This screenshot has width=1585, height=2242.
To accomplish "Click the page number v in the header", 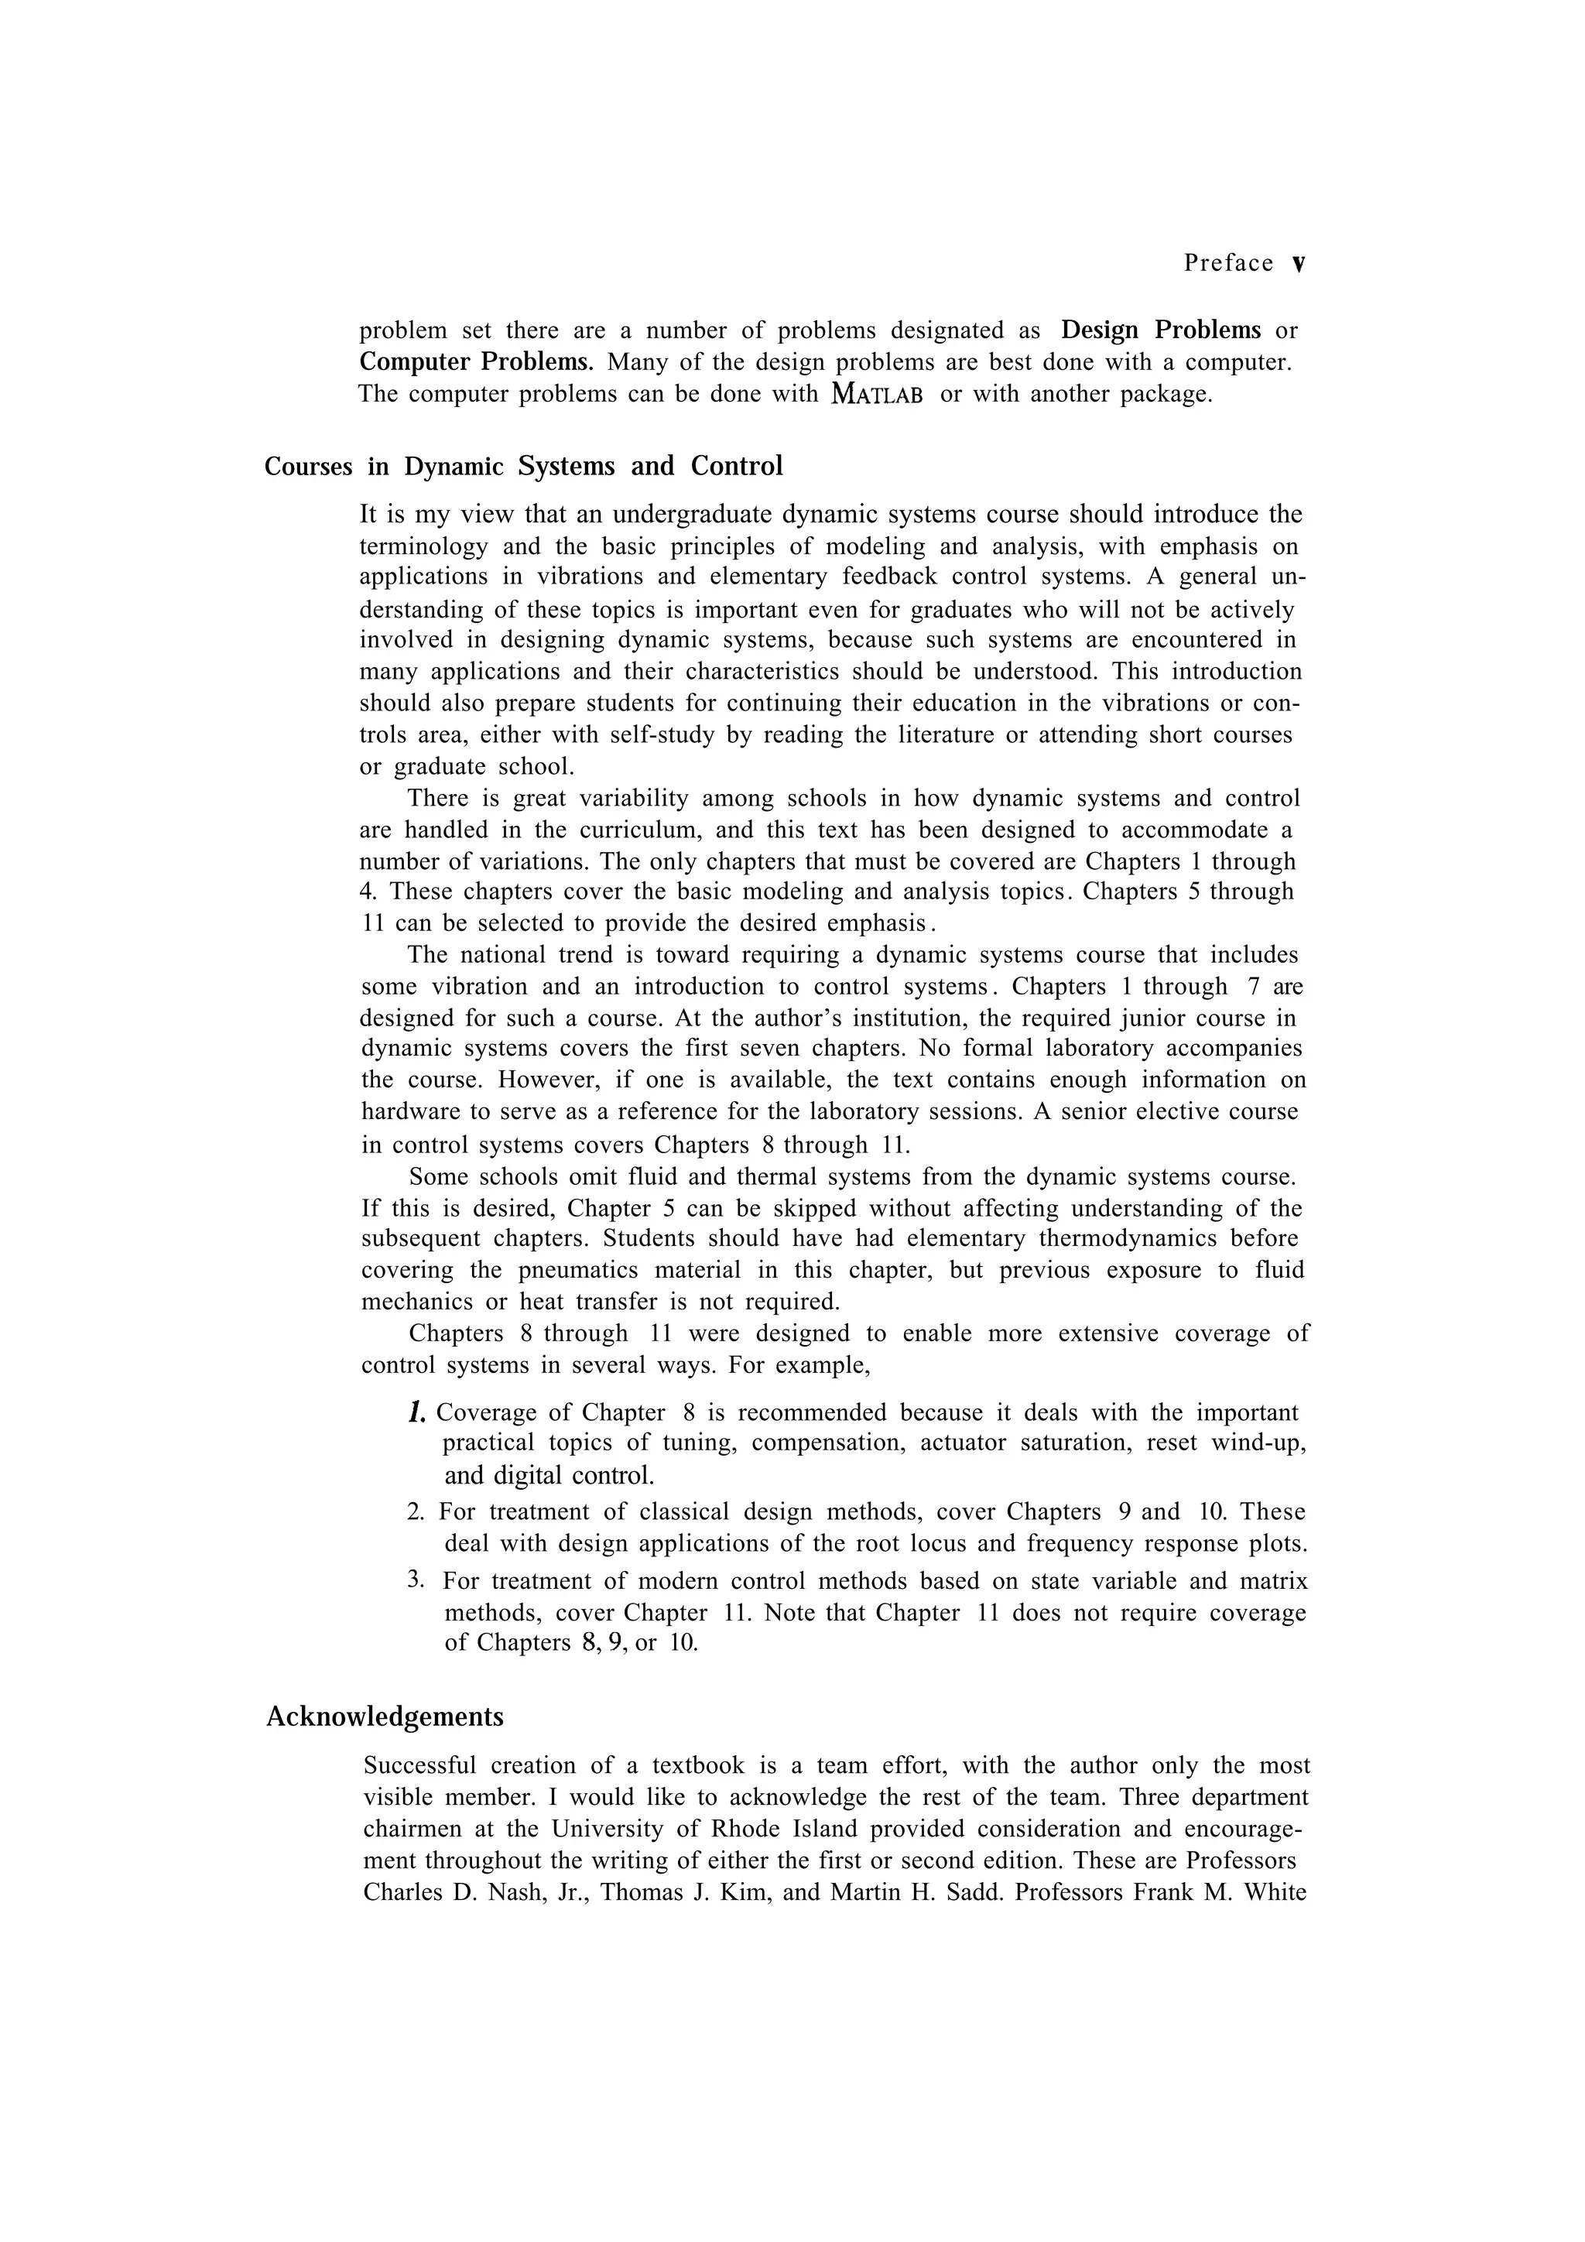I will [1298, 264].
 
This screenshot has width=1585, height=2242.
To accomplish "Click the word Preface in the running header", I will [1228, 262].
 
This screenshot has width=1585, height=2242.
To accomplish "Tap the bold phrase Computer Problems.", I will [476, 362].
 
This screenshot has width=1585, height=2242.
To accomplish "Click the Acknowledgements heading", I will [385, 1716].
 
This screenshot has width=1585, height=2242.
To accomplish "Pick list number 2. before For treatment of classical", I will [415, 1512].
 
